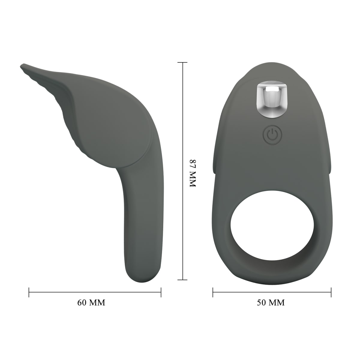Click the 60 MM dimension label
(x=91, y=302)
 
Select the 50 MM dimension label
(x=271, y=302)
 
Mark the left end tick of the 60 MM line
(x=29, y=292)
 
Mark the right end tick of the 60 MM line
(x=161, y=292)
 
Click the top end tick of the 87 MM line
(x=182, y=62)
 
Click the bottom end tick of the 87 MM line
(x=182, y=280)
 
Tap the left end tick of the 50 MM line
(x=213, y=292)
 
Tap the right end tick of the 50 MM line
(x=331, y=292)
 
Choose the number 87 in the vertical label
(x=192, y=164)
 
